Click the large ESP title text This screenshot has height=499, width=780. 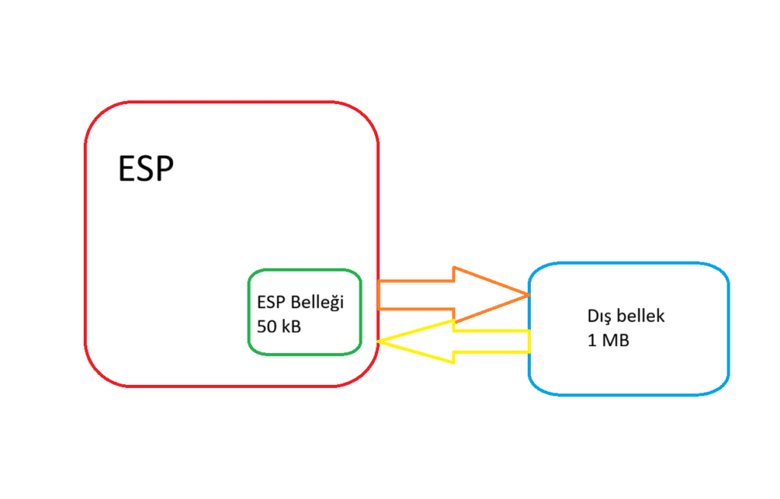tap(145, 169)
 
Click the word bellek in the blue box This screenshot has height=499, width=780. tap(641, 316)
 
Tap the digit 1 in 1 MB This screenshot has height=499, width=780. tap(592, 340)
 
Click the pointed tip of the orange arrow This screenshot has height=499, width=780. tap(527, 294)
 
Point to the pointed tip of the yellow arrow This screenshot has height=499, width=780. tap(379, 342)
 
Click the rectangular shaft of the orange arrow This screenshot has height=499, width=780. tap(415, 294)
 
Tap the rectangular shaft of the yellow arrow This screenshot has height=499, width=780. tap(491, 342)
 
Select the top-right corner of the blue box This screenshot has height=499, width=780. tap(721, 271)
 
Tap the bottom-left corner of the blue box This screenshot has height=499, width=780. tap(536, 386)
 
